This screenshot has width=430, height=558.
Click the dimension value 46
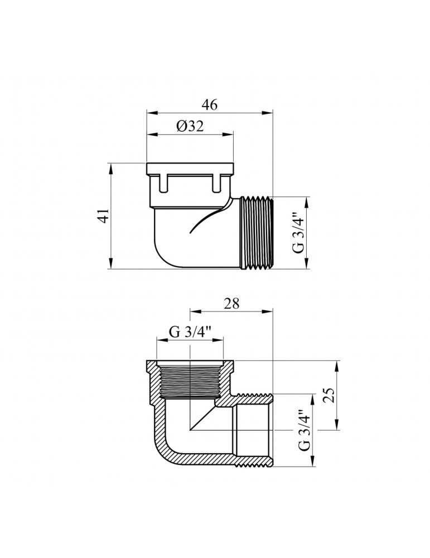209,105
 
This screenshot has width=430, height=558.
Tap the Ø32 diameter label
190,126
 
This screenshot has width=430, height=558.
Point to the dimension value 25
330,396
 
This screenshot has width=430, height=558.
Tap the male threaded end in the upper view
256,233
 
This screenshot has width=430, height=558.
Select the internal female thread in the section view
191,379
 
